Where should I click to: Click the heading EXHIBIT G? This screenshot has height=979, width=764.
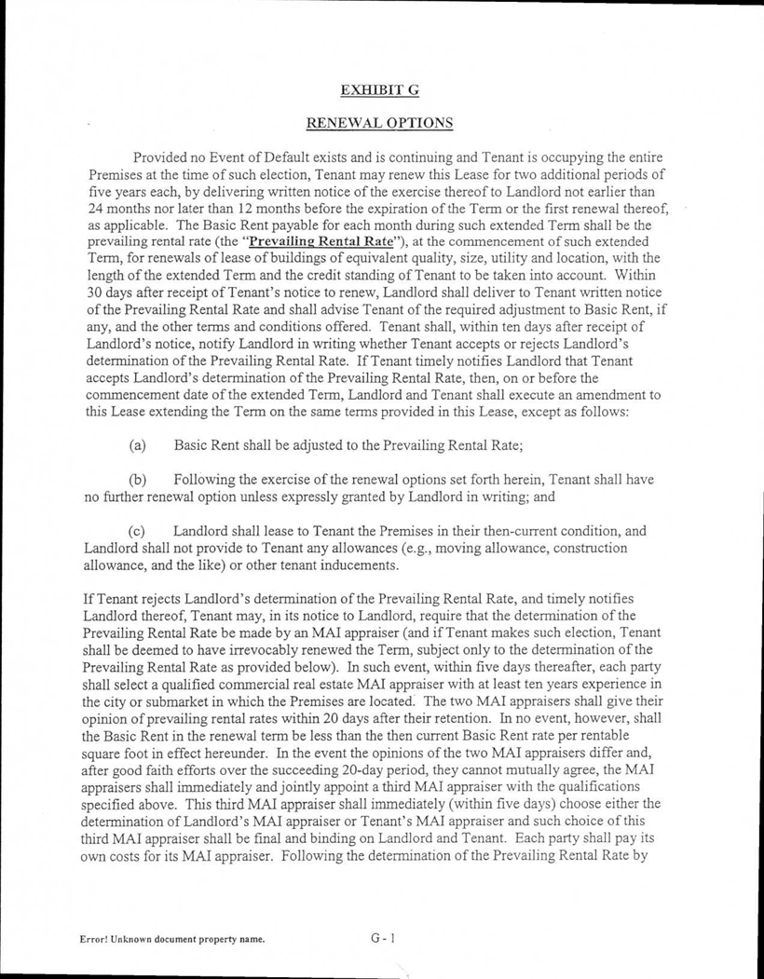click(x=382, y=89)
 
